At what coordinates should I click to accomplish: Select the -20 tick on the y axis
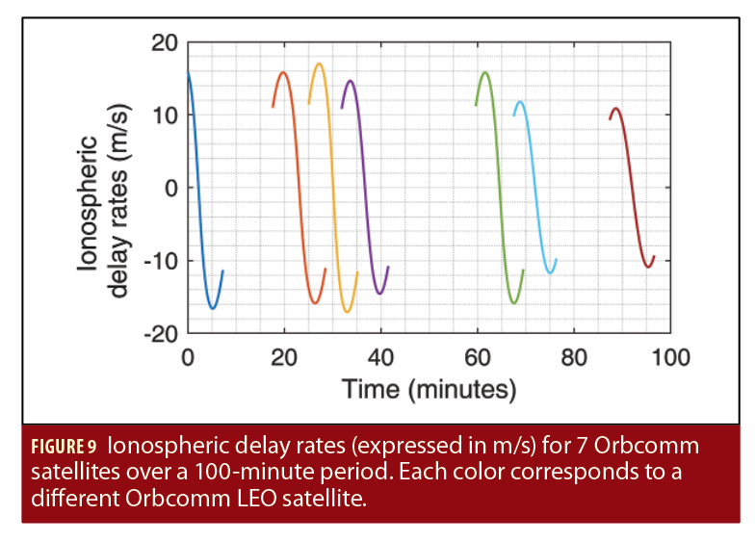(x=160, y=334)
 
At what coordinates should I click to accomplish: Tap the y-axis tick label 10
(x=164, y=116)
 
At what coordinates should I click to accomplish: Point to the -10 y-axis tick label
(x=160, y=261)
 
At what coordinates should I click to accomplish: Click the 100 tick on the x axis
(x=670, y=358)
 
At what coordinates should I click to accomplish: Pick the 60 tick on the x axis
(x=478, y=358)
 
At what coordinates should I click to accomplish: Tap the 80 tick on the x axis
(x=574, y=358)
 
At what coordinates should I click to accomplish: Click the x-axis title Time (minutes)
(x=430, y=389)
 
